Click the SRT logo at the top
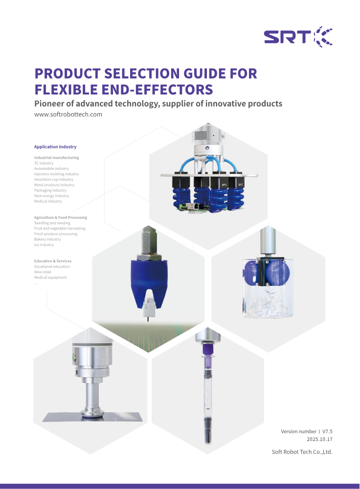click(x=298, y=37)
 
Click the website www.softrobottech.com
click(x=68, y=115)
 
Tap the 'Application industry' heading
click(x=55, y=147)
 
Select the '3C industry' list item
click(x=44, y=163)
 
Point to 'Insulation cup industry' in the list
click(x=53, y=180)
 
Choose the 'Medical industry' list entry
click(x=48, y=201)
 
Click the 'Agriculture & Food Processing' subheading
click(x=61, y=217)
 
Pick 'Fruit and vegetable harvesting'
click(x=60, y=229)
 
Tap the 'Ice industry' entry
click(x=44, y=245)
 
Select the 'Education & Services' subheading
click(x=52, y=261)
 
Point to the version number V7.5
click(x=327, y=431)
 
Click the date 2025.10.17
click(x=319, y=440)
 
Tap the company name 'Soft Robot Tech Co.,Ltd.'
click(x=302, y=452)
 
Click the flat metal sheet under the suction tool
click(x=93, y=417)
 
